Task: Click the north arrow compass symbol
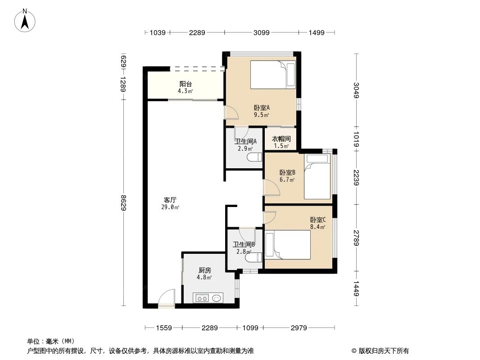point(26,20)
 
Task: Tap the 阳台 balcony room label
point(185,84)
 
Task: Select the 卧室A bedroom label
point(262,108)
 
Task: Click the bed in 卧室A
point(272,75)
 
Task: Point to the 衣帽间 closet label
point(281,139)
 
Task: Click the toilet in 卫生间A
point(255,157)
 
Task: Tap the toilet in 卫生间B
point(255,257)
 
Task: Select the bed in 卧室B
point(317,176)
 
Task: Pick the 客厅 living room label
point(170,199)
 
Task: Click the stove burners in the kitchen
point(201,297)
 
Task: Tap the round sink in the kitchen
point(217,297)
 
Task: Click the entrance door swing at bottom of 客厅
point(167,298)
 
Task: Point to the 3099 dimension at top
point(261,32)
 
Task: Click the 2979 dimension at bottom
point(299,328)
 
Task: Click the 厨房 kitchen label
point(205,270)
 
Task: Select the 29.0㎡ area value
point(170,207)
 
